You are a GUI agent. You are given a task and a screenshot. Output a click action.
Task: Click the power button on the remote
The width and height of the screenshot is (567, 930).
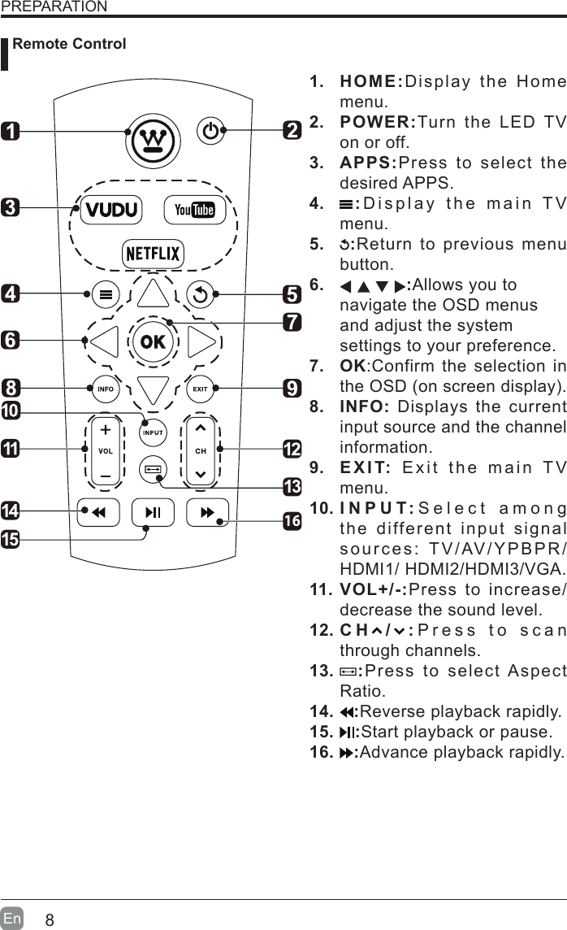pos(210,131)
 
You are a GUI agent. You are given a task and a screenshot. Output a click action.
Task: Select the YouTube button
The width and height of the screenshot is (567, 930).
pos(194,210)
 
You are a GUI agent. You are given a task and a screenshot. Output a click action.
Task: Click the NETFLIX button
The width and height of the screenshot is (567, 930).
pos(153,254)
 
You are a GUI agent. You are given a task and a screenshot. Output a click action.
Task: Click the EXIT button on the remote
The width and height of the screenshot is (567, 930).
pos(200,389)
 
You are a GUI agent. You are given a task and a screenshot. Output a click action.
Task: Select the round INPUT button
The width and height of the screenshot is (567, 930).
pos(153,432)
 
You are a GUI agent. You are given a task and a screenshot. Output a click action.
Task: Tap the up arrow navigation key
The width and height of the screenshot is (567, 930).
pos(153,294)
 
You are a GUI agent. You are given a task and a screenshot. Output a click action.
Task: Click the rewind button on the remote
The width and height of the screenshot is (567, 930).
pos(98,512)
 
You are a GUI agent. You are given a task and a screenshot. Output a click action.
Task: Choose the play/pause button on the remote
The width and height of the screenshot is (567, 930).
pos(153,512)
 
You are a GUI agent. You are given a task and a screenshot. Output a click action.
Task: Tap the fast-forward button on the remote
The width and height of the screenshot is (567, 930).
pos(207,512)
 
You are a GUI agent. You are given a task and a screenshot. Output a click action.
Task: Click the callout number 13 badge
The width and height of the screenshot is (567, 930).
pos(292,487)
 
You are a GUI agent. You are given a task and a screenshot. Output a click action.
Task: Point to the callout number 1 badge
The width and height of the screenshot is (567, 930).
pos(11,130)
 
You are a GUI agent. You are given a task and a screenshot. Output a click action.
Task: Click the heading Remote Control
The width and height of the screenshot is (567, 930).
pos(70,44)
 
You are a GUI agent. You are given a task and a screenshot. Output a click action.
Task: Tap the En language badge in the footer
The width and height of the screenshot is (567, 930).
pos(12,919)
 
